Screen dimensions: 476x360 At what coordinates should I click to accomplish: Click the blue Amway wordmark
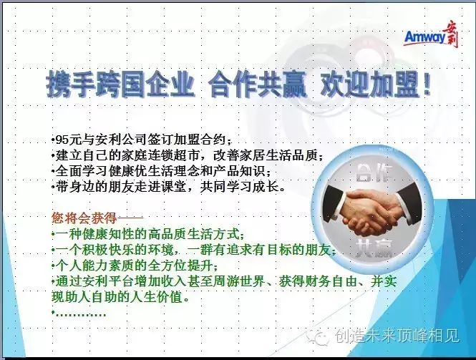[x=424, y=37]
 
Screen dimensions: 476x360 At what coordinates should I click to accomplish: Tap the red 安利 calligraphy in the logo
[x=450, y=36]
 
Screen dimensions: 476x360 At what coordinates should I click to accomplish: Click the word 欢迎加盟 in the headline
[x=369, y=84]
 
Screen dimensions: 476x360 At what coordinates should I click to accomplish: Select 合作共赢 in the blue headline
[x=257, y=84]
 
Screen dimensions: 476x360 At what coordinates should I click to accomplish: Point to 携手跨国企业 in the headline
[x=120, y=84]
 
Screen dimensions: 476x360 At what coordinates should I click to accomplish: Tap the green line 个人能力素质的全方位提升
[x=135, y=266]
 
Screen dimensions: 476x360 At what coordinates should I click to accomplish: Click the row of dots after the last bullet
[x=81, y=314]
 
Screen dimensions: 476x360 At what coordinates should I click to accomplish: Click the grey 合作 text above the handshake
[x=374, y=172]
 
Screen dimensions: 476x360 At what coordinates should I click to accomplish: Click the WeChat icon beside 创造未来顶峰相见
[x=318, y=335]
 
